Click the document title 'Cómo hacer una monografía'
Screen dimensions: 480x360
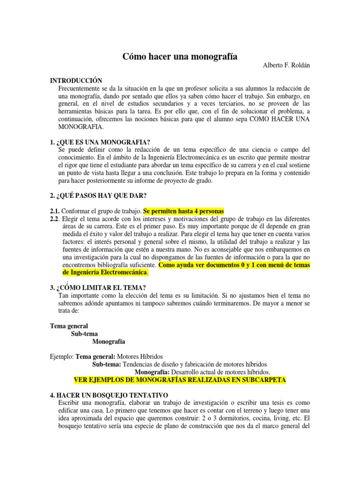click(x=180, y=56)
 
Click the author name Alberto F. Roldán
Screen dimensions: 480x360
click(x=286, y=66)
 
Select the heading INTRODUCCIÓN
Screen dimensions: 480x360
click(x=76, y=81)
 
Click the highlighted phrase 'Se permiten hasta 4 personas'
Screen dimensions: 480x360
click(x=184, y=211)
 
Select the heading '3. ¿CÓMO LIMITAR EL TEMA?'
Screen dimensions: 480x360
click(x=98, y=287)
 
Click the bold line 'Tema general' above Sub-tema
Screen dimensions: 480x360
click(x=69, y=326)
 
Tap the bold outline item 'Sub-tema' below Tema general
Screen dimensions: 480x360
click(x=85, y=334)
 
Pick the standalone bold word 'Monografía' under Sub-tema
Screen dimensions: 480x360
click(x=109, y=341)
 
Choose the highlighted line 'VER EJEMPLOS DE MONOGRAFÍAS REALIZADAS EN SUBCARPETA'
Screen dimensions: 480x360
click(x=180, y=379)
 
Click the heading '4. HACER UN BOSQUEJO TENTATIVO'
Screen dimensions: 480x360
click(x=109, y=395)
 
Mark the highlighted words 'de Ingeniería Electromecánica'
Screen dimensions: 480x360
click(x=105, y=272)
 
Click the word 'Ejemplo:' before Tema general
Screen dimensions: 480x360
click(x=62, y=357)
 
